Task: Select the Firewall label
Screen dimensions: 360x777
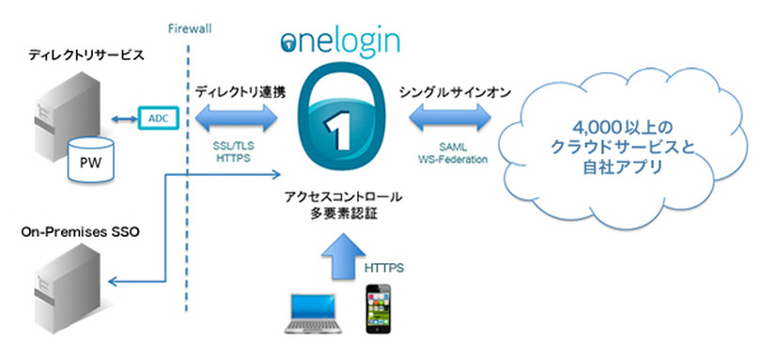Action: click(x=190, y=28)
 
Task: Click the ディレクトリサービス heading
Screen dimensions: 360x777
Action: click(x=73, y=55)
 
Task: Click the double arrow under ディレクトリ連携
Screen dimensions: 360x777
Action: click(x=236, y=118)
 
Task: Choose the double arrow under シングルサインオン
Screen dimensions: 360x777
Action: click(x=449, y=118)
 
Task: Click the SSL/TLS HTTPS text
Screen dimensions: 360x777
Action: click(x=236, y=153)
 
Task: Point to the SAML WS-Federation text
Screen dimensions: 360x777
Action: click(x=449, y=153)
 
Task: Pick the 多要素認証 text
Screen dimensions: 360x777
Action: click(x=342, y=215)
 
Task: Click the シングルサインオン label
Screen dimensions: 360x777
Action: click(x=449, y=91)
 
